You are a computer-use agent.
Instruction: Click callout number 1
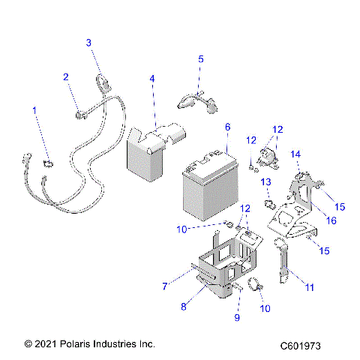click(33, 111)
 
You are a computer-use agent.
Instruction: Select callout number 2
click(66, 76)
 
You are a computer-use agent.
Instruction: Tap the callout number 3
click(88, 43)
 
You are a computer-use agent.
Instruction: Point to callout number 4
click(152, 79)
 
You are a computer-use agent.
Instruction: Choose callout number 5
click(200, 58)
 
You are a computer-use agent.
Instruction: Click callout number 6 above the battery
click(227, 127)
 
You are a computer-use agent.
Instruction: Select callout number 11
click(310, 286)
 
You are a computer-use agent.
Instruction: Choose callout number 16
click(330, 220)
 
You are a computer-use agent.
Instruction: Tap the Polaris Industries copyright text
click(90, 343)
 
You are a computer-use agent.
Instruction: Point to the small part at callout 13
click(268, 205)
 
